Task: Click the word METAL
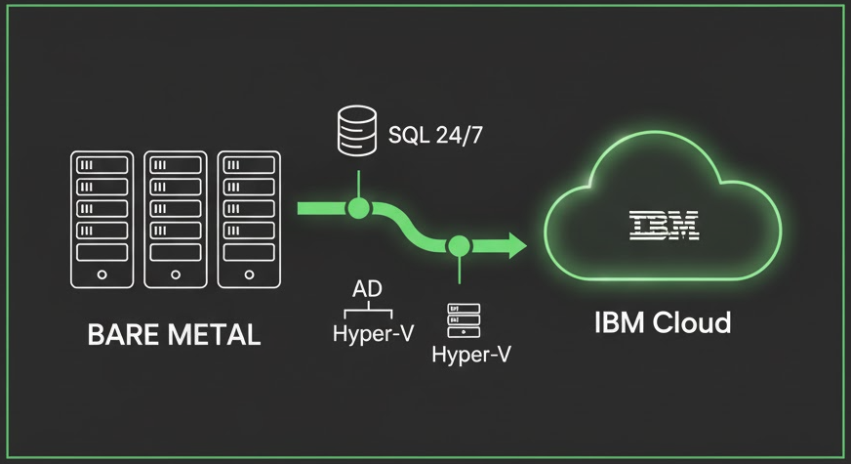[x=212, y=335]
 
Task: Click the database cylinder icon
[x=358, y=132]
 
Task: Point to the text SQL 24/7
[x=435, y=134]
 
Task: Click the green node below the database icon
[x=359, y=207]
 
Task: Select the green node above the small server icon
[x=459, y=244]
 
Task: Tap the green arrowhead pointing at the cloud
[x=514, y=244]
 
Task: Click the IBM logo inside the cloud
[x=664, y=227]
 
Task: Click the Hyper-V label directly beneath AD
[x=372, y=333]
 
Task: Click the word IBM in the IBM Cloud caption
[x=617, y=321]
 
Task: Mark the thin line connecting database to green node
[x=359, y=183]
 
